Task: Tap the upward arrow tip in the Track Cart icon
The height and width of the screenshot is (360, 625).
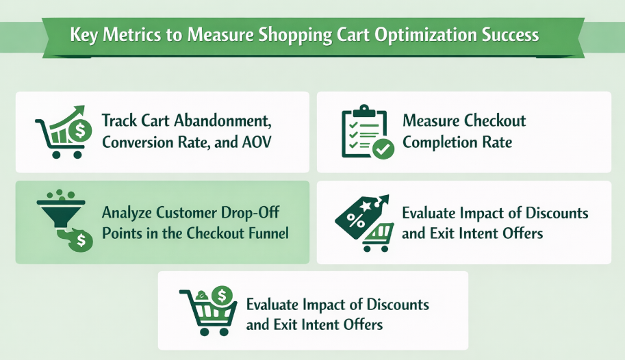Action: pos(81,110)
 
